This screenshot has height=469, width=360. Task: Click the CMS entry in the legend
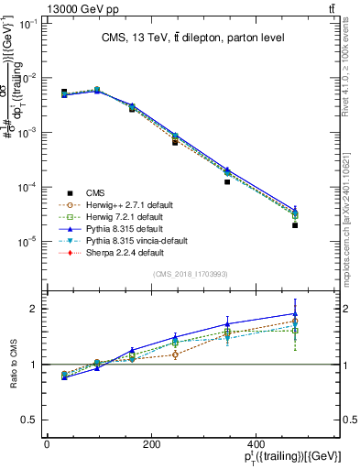tap(94, 192)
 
